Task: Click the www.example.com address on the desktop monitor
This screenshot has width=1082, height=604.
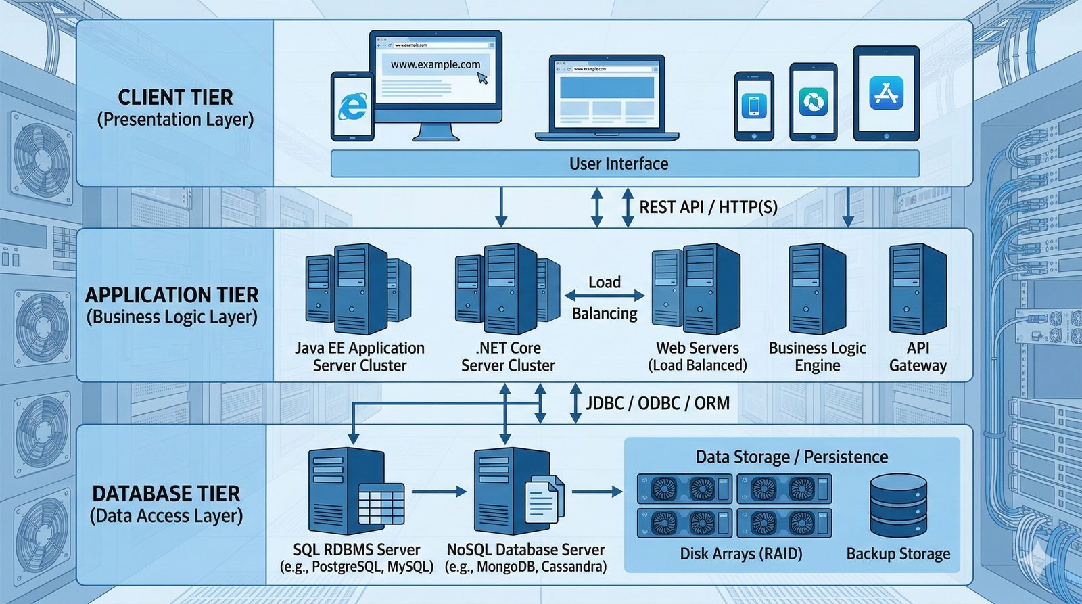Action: (435, 65)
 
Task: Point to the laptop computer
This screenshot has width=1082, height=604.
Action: (607, 98)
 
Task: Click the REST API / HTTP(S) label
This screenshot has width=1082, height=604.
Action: (708, 207)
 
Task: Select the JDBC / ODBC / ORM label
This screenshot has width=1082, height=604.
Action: (657, 404)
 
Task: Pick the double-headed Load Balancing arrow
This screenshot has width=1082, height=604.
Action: (605, 296)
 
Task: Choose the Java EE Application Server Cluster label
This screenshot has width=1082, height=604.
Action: (360, 356)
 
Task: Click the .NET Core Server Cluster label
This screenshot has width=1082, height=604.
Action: (508, 356)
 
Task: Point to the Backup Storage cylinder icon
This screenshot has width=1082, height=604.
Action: (898, 505)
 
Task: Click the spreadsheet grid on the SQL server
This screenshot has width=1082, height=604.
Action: (381, 504)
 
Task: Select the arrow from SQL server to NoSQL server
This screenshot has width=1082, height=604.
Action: (439, 492)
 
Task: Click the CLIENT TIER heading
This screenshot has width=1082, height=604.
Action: (175, 97)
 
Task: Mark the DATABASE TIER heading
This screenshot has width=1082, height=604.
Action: (166, 494)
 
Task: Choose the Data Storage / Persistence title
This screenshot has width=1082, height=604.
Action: (792, 457)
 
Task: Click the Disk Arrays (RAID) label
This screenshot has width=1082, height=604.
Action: (741, 554)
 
